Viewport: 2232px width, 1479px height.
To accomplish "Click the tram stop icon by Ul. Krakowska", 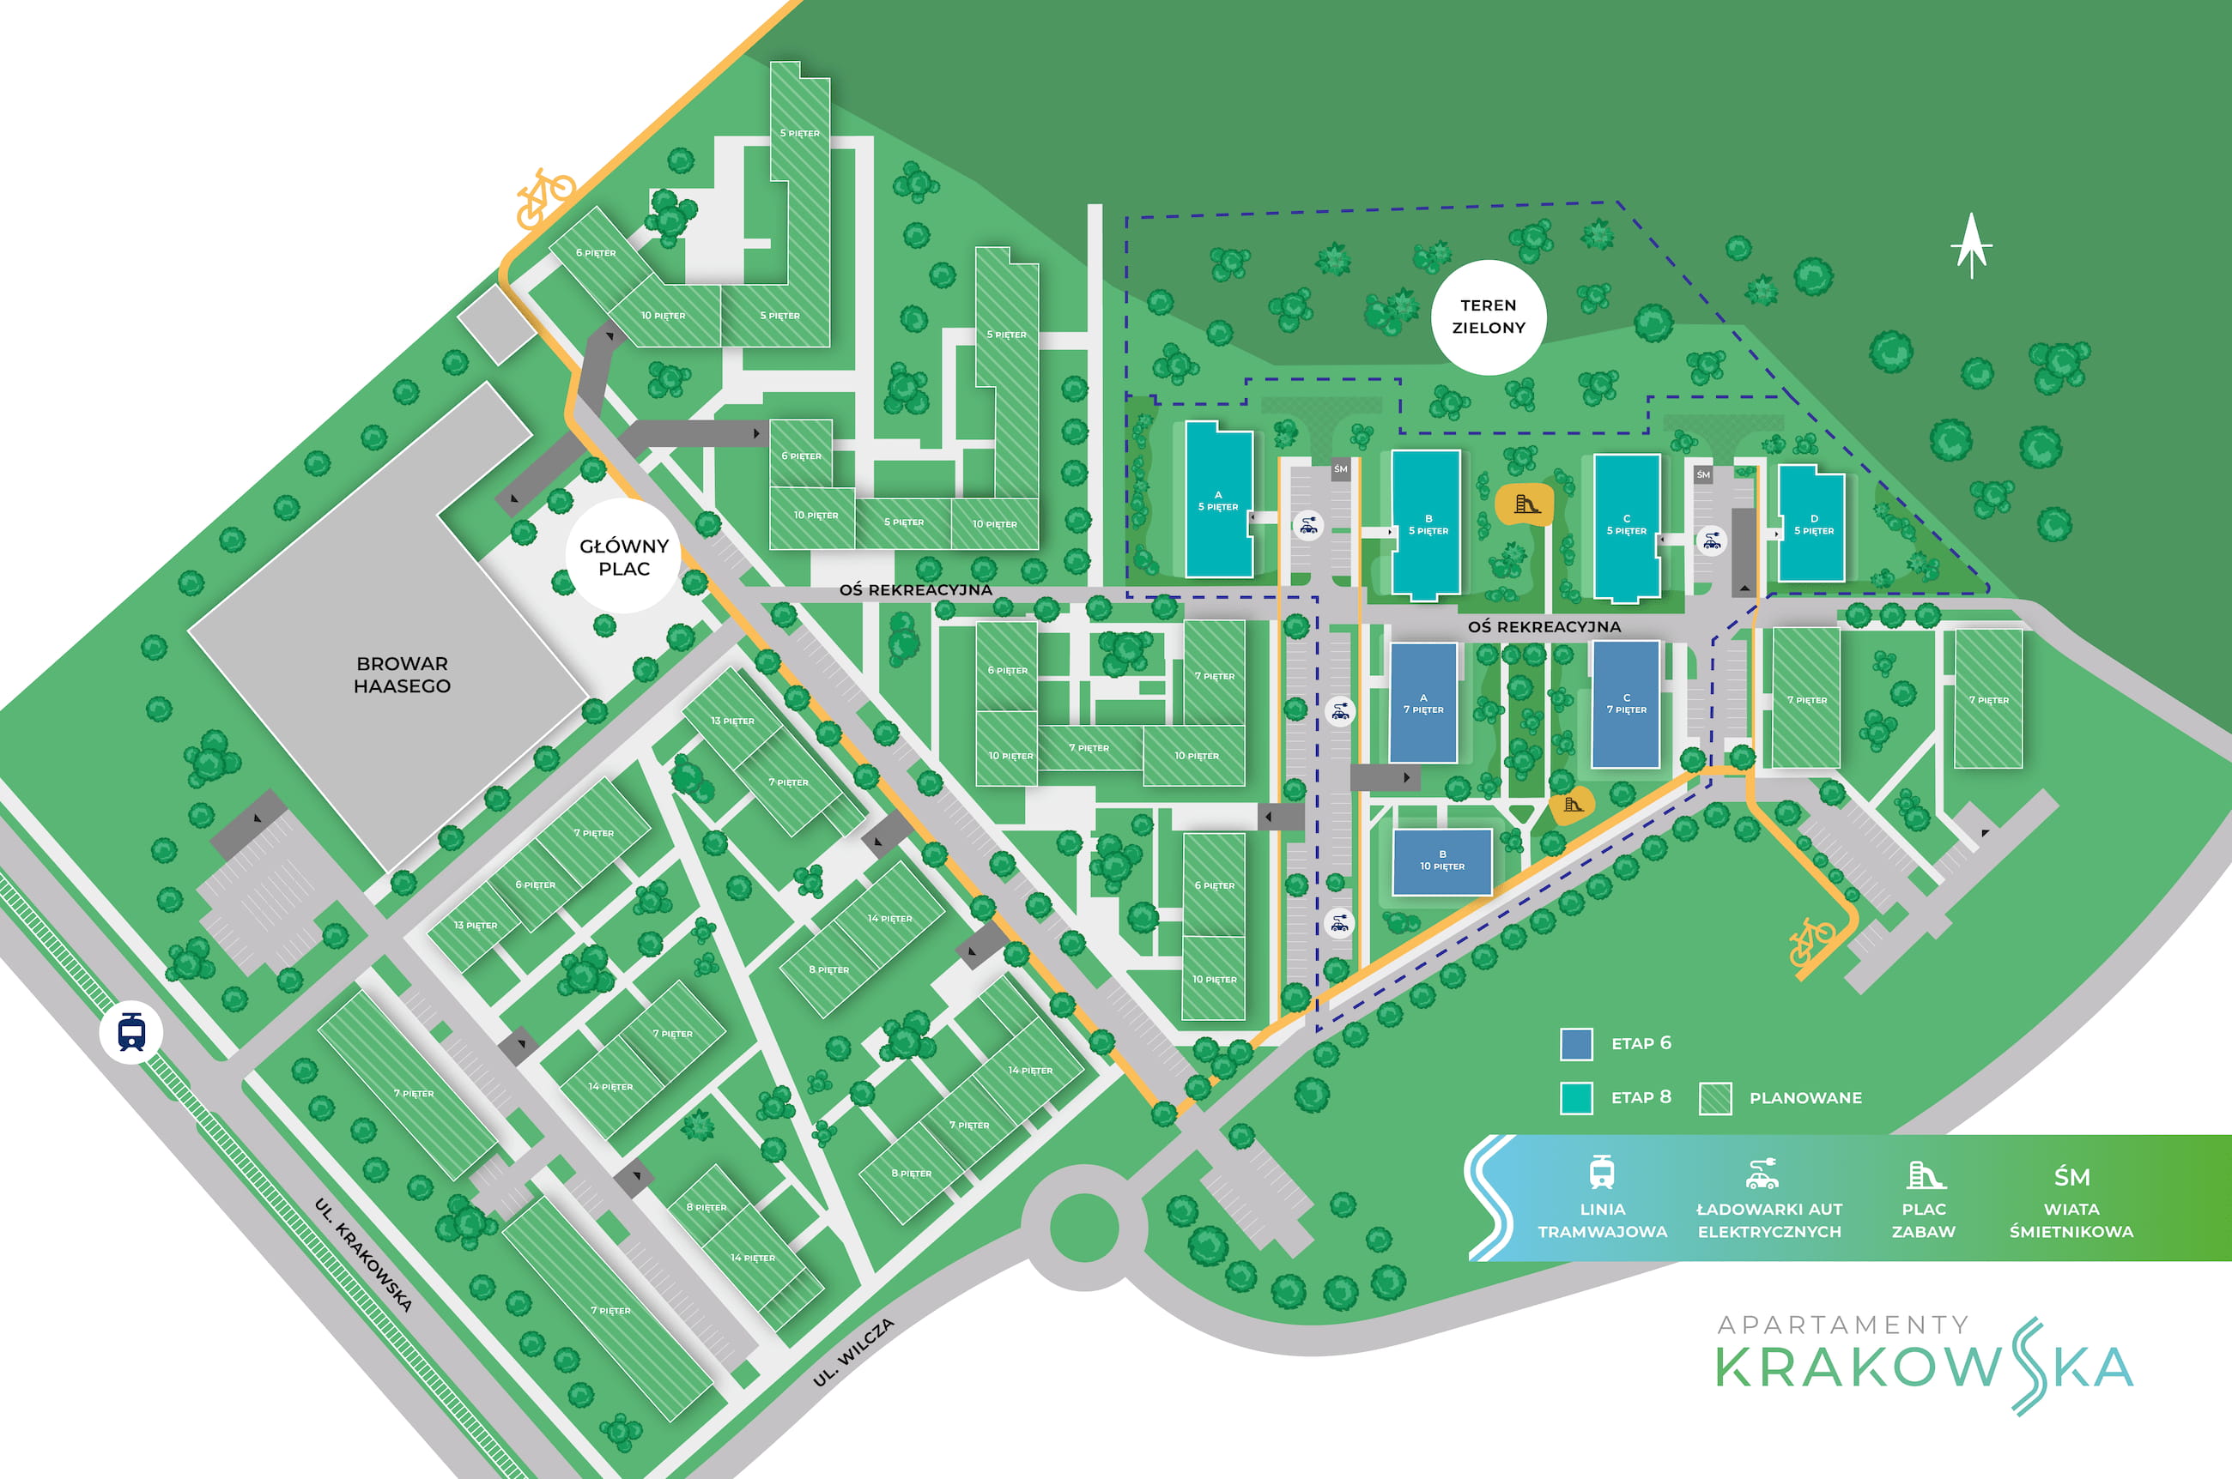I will pyautogui.click(x=131, y=1032).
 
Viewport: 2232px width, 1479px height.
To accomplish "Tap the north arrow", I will pyautogui.click(x=1970, y=245).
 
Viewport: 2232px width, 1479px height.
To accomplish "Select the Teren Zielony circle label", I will pyautogui.click(x=1489, y=317).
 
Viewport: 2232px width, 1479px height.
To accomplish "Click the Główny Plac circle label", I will pyautogui.click(x=624, y=558).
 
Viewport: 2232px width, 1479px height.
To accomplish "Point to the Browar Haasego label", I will pyautogui.click(x=402, y=674).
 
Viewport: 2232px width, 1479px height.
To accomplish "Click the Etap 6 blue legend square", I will pyautogui.click(x=1576, y=1044).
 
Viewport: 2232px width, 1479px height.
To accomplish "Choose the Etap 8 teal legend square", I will pyautogui.click(x=1576, y=1098).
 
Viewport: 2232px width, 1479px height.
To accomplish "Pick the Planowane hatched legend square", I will pyautogui.click(x=1715, y=1098).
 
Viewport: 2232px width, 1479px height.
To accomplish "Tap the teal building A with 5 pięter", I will pyautogui.click(x=1218, y=500).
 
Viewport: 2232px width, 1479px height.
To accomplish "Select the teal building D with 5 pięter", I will pyautogui.click(x=1812, y=524).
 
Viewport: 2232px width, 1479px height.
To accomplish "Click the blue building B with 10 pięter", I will pyautogui.click(x=1442, y=861).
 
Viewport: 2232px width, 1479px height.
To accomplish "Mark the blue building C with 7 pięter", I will pyautogui.click(x=1626, y=703).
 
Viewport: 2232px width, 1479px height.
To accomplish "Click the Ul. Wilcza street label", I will pyautogui.click(x=853, y=1353).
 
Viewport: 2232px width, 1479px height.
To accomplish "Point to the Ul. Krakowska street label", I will pyautogui.click(x=363, y=1254).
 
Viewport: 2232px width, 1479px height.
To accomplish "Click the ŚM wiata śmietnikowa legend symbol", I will pyautogui.click(x=2071, y=1176).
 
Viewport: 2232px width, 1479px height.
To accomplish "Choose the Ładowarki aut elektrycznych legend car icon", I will pyautogui.click(x=1761, y=1174).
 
